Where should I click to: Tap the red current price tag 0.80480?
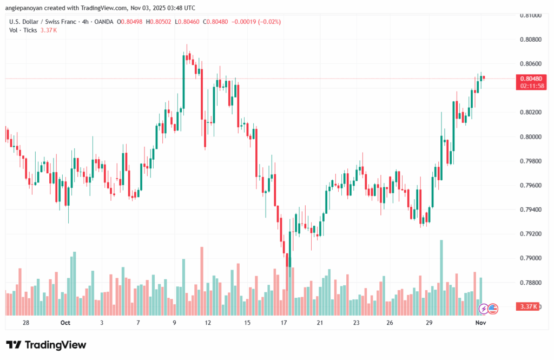(x=526, y=78)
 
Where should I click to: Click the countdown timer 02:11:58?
(x=526, y=86)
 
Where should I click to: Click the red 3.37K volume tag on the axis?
(x=526, y=307)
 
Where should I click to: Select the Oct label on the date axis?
(x=65, y=323)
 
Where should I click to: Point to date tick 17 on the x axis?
(x=283, y=323)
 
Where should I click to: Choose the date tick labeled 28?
(x=25, y=323)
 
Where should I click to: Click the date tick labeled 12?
(x=207, y=323)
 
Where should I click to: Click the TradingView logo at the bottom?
(x=46, y=345)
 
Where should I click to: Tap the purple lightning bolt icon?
(x=483, y=309)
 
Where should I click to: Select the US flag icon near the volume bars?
(x=493, y=309)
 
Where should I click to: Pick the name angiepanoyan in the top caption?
(x=27, y=8)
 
